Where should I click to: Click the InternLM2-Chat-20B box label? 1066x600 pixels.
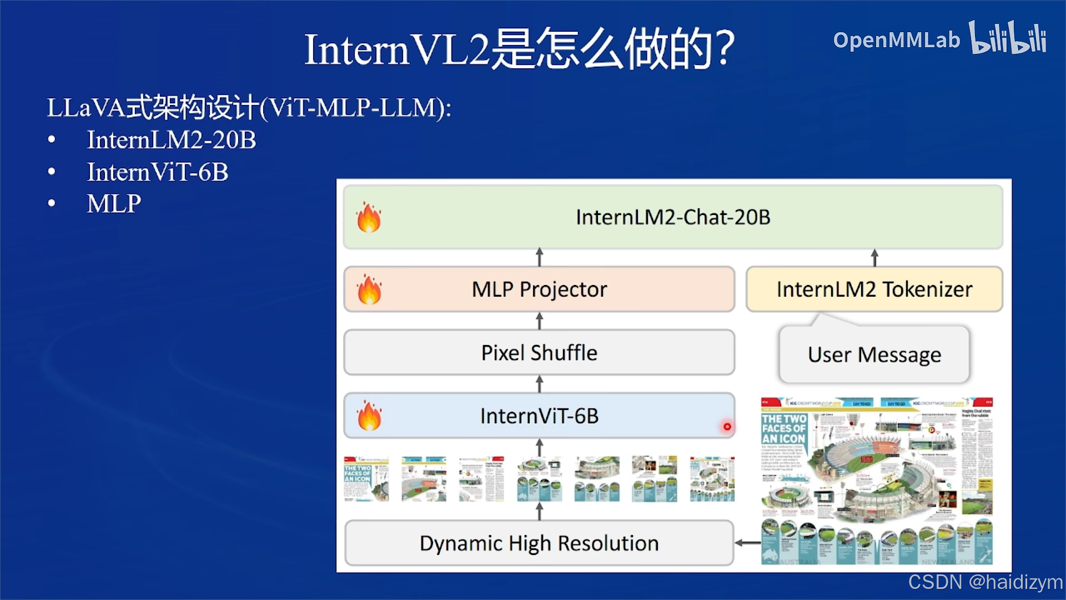673,217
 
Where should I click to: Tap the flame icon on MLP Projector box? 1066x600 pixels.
369,289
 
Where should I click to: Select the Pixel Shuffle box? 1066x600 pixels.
539,353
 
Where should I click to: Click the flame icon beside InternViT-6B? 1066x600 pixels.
369,416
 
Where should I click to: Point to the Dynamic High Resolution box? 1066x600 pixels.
539,543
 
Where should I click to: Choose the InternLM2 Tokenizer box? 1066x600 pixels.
874,289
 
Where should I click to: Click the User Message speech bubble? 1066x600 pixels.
874,354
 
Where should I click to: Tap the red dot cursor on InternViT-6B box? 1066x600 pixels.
727,427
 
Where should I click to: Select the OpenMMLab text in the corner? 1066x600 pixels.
896,40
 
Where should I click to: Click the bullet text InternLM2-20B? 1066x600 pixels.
172,140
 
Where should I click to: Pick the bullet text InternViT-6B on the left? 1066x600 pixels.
158,172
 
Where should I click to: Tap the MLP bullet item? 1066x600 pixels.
114,204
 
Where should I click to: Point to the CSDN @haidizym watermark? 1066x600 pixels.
985,582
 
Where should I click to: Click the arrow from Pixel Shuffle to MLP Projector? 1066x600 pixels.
539,321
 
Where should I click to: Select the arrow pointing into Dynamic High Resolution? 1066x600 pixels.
747,543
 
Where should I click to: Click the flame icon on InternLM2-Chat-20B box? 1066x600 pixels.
369,217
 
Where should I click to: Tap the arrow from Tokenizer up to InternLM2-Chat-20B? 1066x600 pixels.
874,258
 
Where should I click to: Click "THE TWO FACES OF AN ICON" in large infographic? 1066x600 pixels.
783,429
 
